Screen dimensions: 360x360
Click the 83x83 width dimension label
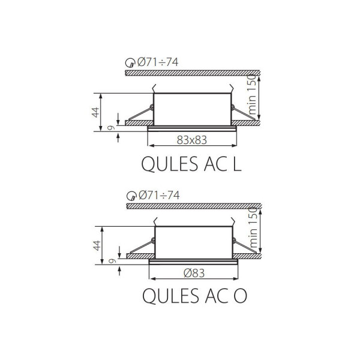pos(192,140)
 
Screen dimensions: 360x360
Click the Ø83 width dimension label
pos(194,273)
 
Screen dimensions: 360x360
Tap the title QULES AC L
pos(191,164)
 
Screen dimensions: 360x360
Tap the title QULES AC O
pos(194,296)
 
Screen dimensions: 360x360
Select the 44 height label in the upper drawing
pos(95,112)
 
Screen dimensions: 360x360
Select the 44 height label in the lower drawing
pos(97,245)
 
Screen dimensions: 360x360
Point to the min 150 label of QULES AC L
pos(252,95)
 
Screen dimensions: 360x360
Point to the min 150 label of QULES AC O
pos(253,227)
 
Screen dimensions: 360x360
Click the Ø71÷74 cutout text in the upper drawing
pos(158,62)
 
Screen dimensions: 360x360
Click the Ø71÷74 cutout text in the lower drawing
pos(159,195)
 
